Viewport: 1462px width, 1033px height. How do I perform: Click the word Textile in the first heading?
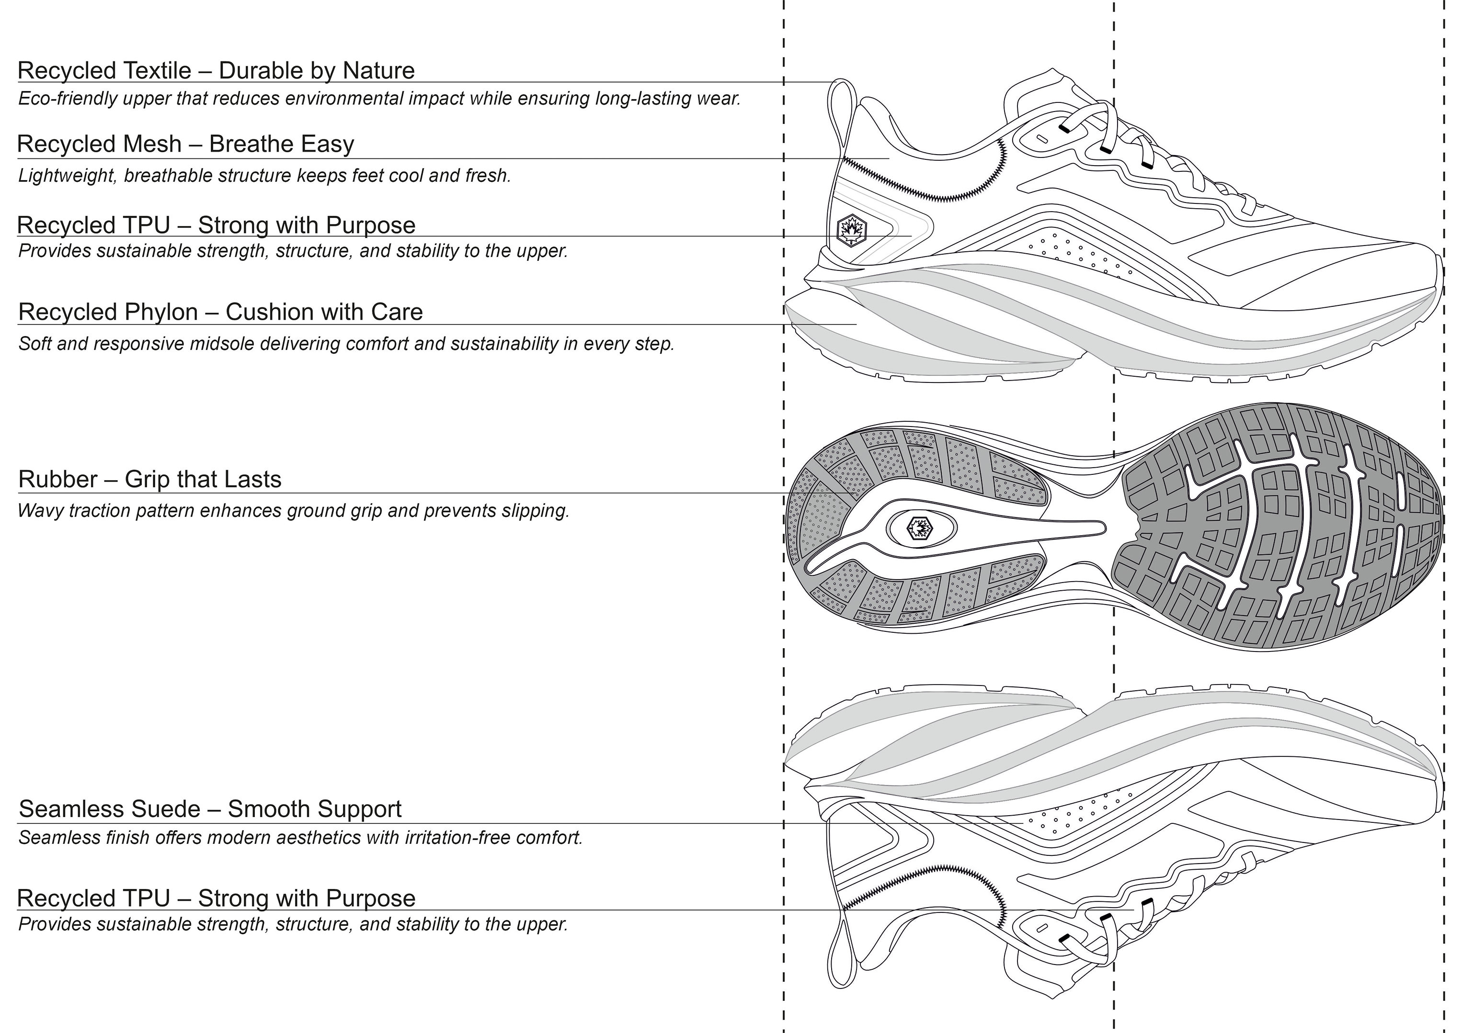click(155, 71)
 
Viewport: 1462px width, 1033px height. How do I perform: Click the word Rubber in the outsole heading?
click(58, 479)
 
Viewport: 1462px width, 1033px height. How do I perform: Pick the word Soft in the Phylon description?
click(33, 344)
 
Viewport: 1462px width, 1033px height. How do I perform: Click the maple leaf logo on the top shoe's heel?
click(849, 229)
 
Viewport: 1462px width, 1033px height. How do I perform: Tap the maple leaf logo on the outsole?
click(919, 528)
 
